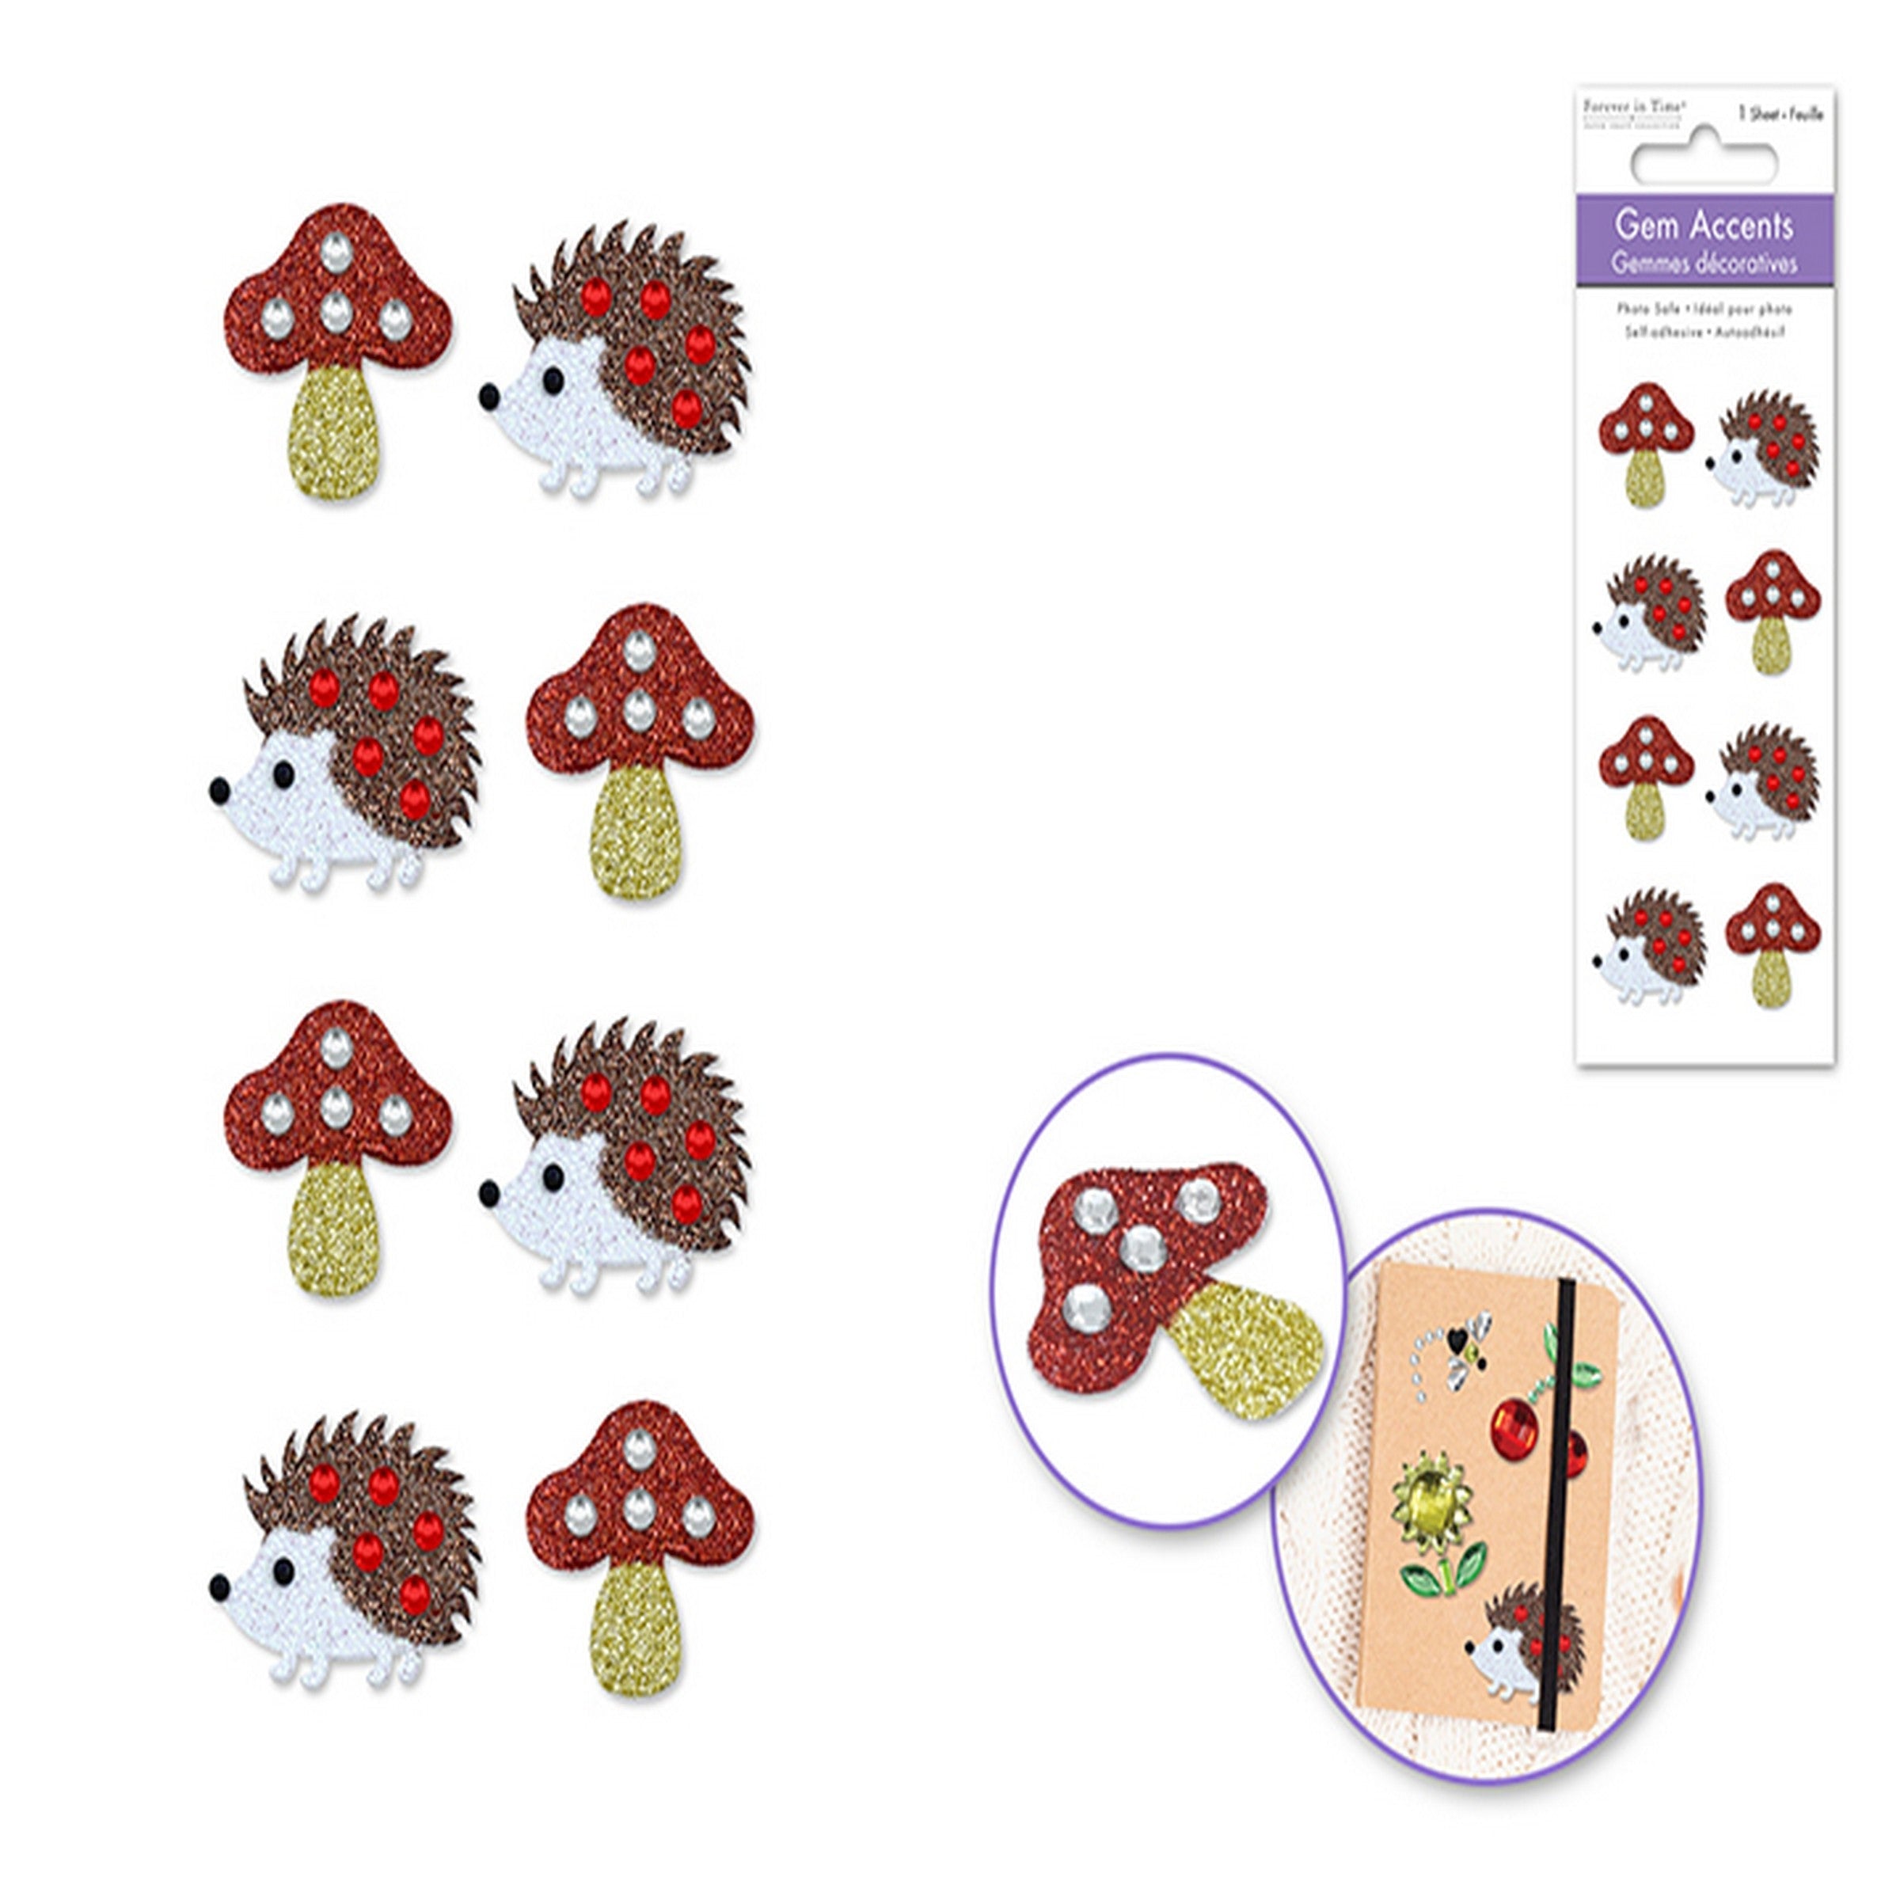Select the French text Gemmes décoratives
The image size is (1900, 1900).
[1704, 263]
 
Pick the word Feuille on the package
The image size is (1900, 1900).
[1807, 115]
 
